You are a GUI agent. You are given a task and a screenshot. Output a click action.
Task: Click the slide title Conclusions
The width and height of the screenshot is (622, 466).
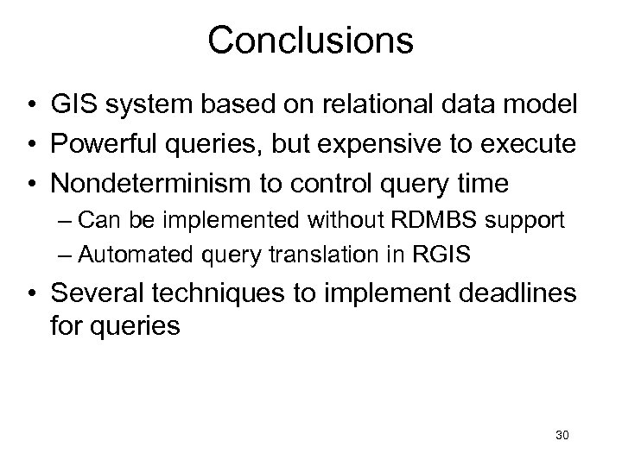tap(310, 40)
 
